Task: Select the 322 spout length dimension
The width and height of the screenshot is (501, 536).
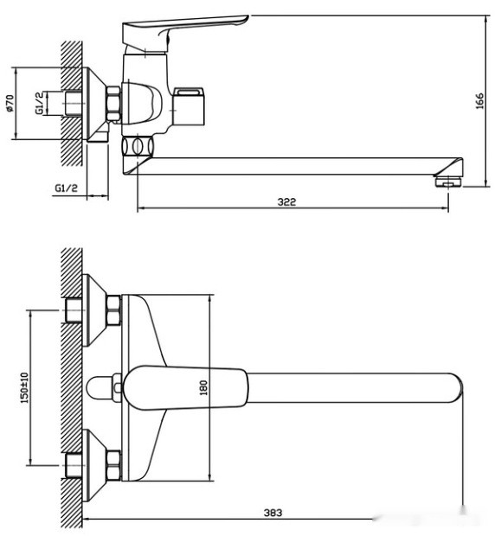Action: (287, 201)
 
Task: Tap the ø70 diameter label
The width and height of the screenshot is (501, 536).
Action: (10, 104)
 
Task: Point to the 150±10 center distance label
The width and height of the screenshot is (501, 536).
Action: (26, 386)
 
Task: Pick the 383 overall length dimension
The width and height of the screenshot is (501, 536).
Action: (273, 513)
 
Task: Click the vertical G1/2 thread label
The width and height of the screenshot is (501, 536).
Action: (39, 103)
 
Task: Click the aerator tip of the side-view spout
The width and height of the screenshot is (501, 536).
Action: (447, 180)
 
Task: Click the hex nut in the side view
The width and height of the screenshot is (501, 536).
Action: (113, 103)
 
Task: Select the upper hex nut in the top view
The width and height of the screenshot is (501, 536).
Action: (113, 310)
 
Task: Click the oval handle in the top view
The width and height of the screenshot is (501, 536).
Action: (184, 387)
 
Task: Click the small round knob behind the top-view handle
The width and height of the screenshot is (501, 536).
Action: (101, 387)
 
